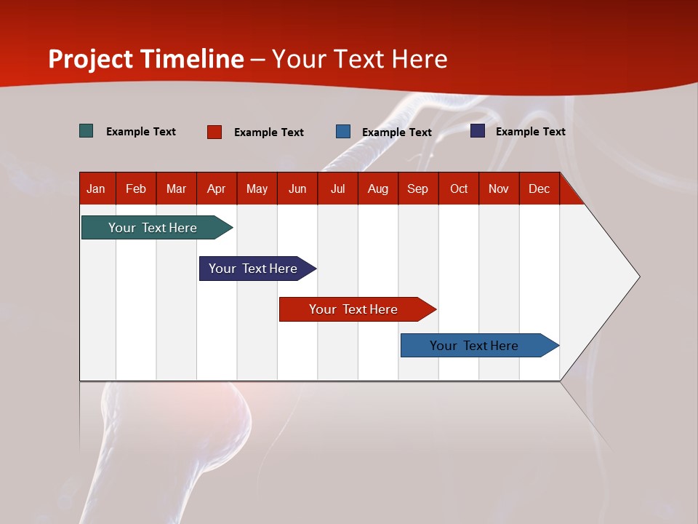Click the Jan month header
point(97,189)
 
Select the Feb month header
point(136,189)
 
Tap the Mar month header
point(176,189)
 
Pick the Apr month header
point(217,189)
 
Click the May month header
point(257,189)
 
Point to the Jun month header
point(297,189)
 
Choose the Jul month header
point(337,189)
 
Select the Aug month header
point(378,189)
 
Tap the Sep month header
point(418,189)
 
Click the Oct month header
point(459,189)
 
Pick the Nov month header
point(499,189)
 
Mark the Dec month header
point(539,189)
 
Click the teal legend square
point(87,131)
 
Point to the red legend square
point(214,132)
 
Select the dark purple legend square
point(478,131)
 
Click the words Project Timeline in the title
point(146,59)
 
